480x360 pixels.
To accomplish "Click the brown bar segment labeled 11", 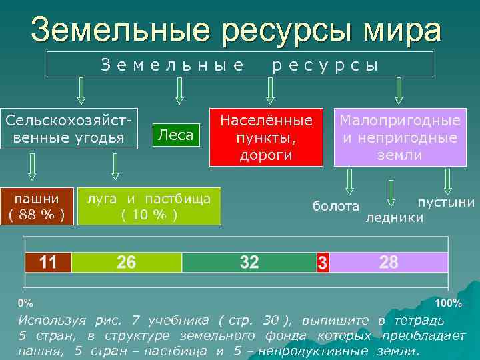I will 48,262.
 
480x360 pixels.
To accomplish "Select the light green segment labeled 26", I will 126,262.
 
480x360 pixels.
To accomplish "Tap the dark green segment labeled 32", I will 249,262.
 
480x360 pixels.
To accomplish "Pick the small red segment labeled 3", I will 323,262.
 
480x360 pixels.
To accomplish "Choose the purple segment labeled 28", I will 389,262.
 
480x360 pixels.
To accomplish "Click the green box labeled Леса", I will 176,135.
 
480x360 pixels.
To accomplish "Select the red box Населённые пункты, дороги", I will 266,137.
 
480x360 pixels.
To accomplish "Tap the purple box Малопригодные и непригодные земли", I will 400,137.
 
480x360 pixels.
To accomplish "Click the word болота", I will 335,206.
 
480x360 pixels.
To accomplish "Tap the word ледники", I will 394,217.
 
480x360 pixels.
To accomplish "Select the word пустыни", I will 445,202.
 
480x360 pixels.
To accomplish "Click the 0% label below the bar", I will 26,303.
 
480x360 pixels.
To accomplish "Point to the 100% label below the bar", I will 447,303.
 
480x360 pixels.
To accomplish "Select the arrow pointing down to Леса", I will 179,91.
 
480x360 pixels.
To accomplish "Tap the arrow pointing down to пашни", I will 32,167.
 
